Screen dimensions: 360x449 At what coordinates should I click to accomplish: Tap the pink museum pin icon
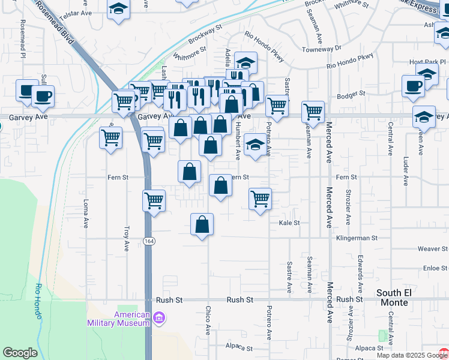[159, 317]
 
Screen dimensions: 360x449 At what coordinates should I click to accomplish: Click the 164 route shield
[148, 241]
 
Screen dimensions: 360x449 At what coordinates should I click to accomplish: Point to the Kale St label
[289, 223]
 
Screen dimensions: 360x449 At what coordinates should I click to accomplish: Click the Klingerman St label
[357, 238]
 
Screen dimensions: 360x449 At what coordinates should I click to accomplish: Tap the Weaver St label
[429, 248]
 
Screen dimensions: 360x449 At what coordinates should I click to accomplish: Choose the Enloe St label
[432, 268]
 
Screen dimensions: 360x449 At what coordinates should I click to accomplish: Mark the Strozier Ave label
[348, 207]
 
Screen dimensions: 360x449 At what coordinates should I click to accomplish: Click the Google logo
[20, 353]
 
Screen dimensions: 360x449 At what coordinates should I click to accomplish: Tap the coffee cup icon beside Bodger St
[413, 85]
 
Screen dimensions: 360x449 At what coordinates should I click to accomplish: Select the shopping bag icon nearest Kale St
[202, 224]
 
